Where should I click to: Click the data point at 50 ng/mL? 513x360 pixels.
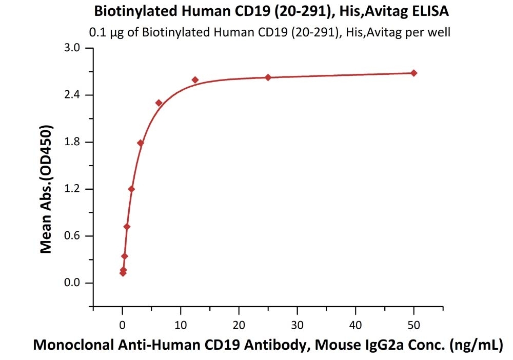414,73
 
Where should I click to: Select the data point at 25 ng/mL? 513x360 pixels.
268,77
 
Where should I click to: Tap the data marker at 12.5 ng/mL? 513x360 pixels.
195,80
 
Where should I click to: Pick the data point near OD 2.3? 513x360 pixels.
159,103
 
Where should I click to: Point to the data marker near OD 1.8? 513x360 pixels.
141,143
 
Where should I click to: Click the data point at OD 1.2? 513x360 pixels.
131,189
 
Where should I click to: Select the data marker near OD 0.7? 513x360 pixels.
127,227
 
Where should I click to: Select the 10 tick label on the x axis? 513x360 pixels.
181,325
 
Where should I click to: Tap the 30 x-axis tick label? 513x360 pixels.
297,325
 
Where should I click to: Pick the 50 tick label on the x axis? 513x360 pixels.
414,325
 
